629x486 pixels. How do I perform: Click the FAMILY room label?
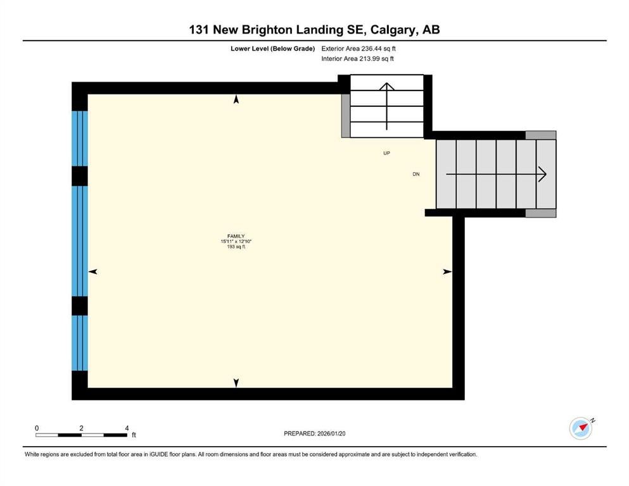pyautogui.click(x=236, y=237)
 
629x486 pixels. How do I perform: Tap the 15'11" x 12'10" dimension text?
pyautogui.click(x=236, y=242)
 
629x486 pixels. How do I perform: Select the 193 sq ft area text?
pyautogui.click(x=236, y=247)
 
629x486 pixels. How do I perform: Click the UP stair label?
pyautogui.click(x=386, y=153)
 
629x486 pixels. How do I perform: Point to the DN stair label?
pyautogui.click(x=416, y=174)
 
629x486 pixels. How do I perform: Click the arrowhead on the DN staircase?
pyautogui.click(x=542, y=174)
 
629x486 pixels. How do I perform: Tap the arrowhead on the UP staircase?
pyautogui.click(x=386, y=87)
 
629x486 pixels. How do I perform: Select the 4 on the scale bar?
pyautogui.click(x=127, y=428)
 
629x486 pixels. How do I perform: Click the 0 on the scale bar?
pyautogui.click(x=37, y=428)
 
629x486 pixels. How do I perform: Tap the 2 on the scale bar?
pyautogui.click(x=82, y=428)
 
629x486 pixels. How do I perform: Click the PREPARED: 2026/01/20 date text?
pyautogui.click(x=314, y=433)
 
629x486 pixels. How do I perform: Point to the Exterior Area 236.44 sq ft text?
pyautogui.click(x=359, y=49)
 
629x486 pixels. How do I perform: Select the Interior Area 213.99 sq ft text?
pyautogui.click(x=357, y=58)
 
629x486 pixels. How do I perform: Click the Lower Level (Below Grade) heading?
pyautogui.click(x=273, y=49)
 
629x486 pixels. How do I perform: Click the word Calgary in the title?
pyautogui.click(x=393, y=30)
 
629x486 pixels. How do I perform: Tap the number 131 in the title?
pyautogui.click(x=198, y=30)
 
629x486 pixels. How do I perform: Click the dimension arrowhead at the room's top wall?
pyautogui.click(x=236, y=99)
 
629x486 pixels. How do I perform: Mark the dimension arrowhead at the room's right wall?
pyautogui.click(x=447, y=271)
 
